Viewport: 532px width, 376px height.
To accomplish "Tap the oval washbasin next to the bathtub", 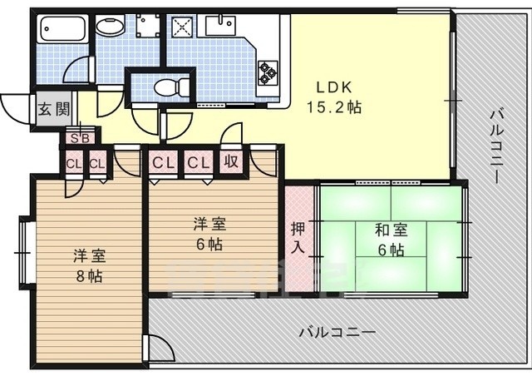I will pos(109,26).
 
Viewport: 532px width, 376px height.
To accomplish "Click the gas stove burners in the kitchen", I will pos(267,72).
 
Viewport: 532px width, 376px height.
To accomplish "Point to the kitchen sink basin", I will pos(219,24).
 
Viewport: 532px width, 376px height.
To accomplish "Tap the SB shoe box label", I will pos(80,138).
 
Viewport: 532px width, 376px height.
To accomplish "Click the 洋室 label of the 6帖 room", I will pos(208,224).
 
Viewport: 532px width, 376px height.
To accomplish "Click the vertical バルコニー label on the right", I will pos(496,146).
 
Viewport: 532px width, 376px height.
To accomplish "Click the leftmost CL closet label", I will pos(74,163).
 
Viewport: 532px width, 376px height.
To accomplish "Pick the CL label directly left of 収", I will pos(197,161).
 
